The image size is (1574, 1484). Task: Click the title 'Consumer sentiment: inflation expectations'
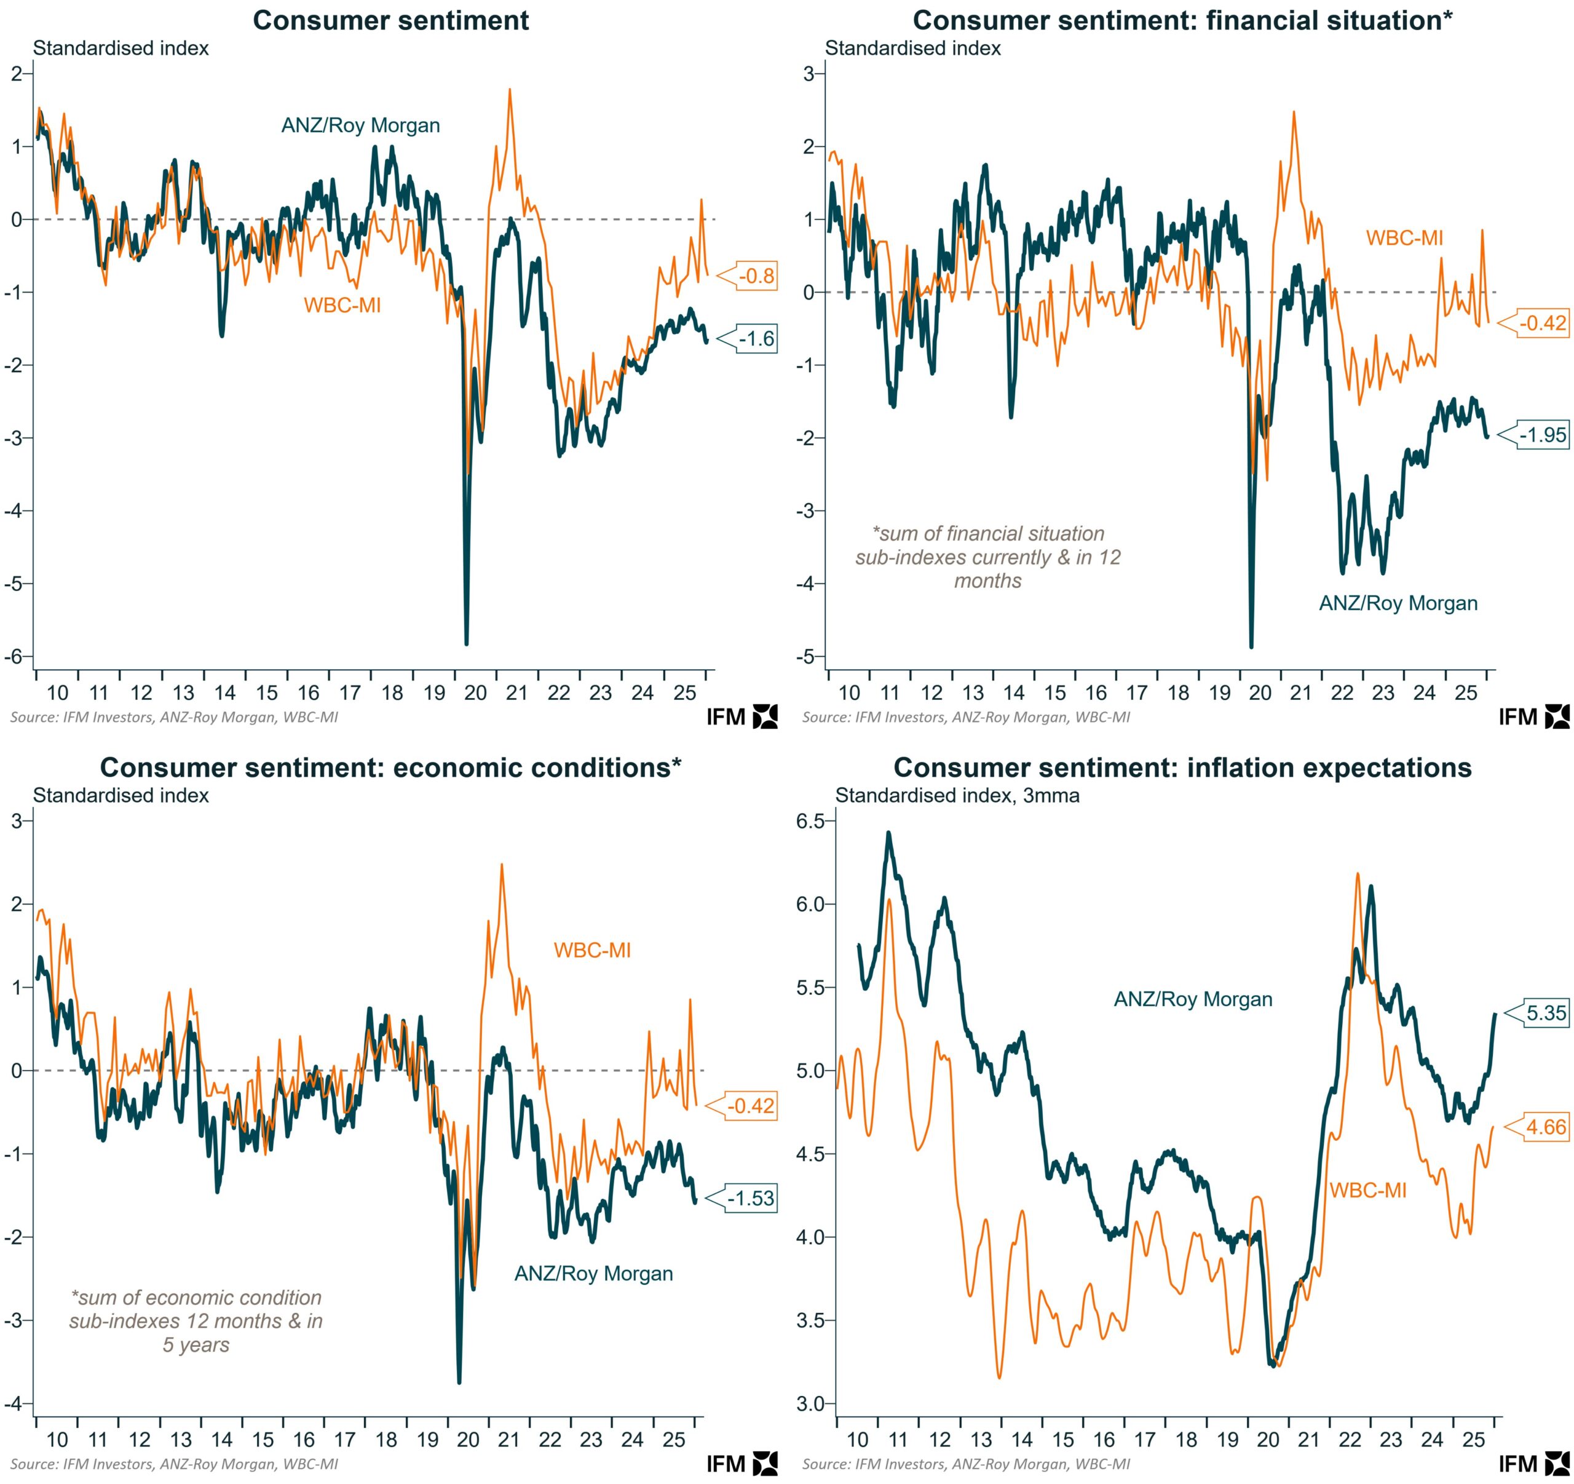click(1182, 768)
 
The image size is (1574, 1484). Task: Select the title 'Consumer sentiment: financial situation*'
click(1182, 20)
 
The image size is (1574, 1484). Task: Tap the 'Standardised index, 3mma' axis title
click(957, 795)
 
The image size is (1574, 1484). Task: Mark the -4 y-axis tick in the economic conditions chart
click(16, 1404)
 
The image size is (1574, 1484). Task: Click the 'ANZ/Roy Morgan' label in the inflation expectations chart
click(1192, 999)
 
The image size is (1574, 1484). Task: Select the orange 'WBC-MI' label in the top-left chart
click(342, 305)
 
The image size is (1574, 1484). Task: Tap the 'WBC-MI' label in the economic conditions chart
click(592, 950)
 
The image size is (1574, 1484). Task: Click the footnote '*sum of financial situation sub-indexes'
click(987, 557)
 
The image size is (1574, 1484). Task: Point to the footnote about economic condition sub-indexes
click(196, 1321)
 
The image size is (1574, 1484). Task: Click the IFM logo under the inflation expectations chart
click(1533, 1464)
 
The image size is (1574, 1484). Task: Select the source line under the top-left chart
click(174, 718)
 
